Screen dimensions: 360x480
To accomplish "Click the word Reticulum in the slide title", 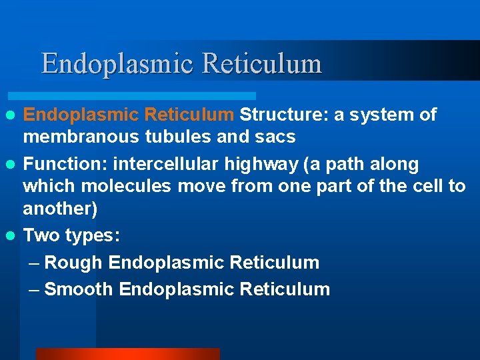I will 261,64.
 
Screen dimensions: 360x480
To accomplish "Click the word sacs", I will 274,137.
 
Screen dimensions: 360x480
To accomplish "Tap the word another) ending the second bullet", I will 60,209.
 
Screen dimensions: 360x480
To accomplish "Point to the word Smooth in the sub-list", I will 79,289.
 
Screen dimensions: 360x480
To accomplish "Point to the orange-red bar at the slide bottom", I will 127,354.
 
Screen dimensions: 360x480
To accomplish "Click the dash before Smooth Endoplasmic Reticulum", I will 35,289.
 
